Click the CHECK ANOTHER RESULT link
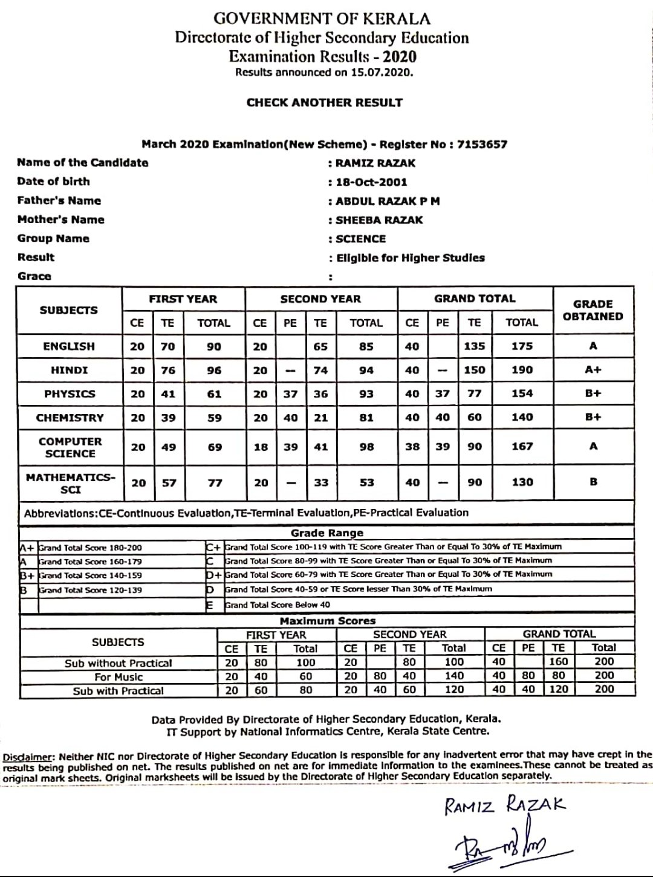[324, 103]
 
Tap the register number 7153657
[482, 144]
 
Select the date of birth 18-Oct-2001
[371, 182]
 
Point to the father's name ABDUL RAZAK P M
[388, 201]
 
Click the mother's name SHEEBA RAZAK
[379, 220]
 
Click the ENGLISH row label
[69, 346]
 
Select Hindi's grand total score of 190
[521, 370]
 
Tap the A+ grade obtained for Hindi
[593, 370]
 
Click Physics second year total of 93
[366, 394]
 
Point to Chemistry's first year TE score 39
[168, 418]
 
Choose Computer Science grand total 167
[521, 447]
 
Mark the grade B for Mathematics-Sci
[593, 482]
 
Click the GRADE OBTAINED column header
[593, 310]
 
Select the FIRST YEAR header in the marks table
[183, 299]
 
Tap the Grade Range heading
[327, 533]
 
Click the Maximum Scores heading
[327, 621]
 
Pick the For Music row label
[119, 677]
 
